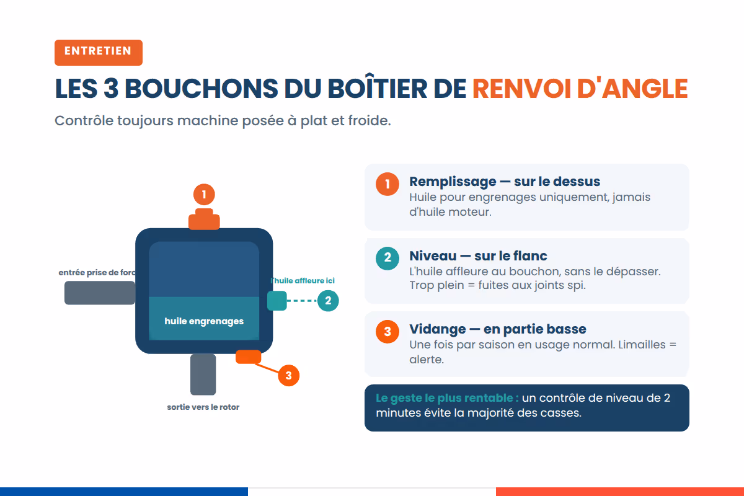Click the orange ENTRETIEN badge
click(x=99, y=53)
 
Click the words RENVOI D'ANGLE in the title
click(x=580, y=89)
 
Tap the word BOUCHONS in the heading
click(x=201, y=89)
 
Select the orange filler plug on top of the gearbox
click(x=204, y=219)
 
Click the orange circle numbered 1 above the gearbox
click(x=204, y=194)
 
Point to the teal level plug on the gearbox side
click(x=277, y=301)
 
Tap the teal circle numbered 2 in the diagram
click(x=328, y=301)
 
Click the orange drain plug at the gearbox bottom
click(x=248, y=356)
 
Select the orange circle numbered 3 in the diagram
click(x=288, y=375)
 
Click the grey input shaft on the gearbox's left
click(x=100, y=293)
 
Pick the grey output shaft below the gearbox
click(x=203, y=374)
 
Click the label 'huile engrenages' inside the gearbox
click(x=204, y=321)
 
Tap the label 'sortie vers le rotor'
click(x=203, y=407)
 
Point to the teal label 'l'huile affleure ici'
click(x=303, y=281)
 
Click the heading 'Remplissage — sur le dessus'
click(x=505, y=182)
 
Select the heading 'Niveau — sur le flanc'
click(x=478, y=256)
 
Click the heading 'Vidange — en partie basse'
click(x=497, y=329)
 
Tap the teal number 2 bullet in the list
click(x=387, y=258)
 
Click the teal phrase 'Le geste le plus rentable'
click(x=447, y=398)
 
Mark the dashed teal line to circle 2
click(x=302, y=301)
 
